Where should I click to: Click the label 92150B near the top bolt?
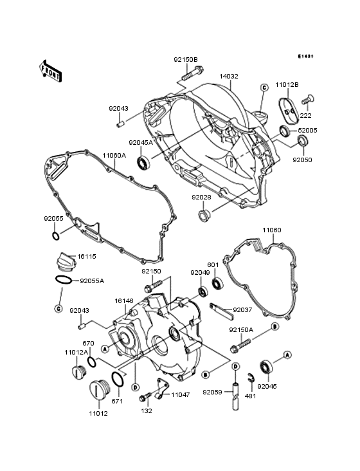click(185, 60)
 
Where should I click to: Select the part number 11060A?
click(114, 155)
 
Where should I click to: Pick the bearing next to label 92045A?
click(143, 162)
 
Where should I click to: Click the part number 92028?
click(201, 197)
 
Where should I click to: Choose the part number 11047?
click(180, 395)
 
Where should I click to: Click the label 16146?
click(125, 300)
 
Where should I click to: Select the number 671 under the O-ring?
click(117, 401)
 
